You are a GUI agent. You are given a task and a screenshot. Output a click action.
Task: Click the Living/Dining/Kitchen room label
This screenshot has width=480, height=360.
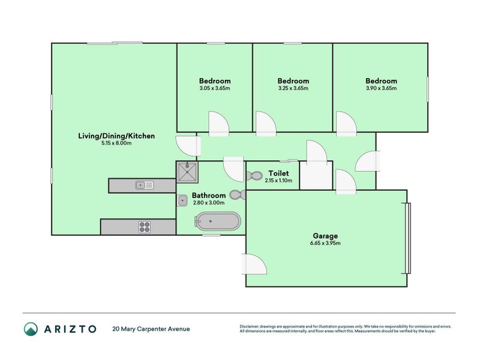coord(116,136)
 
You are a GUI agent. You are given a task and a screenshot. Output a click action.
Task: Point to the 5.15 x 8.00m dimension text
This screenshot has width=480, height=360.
coord(116,143)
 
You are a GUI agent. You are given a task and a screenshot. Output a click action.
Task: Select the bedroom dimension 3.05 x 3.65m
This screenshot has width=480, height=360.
coord(214,88)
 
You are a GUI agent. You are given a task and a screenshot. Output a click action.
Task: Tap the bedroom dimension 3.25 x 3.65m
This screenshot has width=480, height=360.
coord(293,88)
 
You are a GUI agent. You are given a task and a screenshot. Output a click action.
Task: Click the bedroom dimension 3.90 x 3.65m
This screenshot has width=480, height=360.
coord(381,88)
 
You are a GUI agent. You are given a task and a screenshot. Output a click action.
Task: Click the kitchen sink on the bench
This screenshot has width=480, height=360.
coord(144,185)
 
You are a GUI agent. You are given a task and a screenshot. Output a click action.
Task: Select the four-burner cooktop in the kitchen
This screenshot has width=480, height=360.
coord(145,226)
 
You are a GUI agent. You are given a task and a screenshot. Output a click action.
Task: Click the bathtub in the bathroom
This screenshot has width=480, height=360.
coord(217,222)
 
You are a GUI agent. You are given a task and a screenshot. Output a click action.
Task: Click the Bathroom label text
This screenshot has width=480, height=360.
coord(209,195)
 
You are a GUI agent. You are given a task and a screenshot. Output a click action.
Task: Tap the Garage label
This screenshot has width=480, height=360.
coord(326,236)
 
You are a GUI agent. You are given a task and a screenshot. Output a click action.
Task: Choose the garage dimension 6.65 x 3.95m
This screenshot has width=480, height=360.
coord(326,244)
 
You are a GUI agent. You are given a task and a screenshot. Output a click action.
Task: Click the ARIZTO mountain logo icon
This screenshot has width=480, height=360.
coord(31,329)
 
